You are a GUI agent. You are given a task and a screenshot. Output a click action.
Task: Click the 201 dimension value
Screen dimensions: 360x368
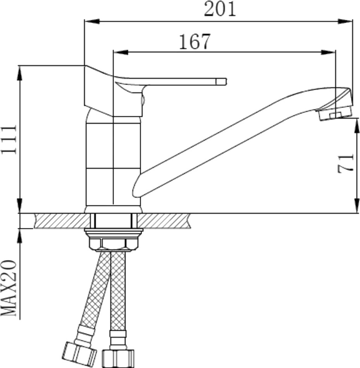coord(220,9)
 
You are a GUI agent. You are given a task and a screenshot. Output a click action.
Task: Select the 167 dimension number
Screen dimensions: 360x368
coord(195,41)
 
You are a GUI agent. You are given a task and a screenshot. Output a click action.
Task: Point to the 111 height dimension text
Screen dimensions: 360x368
coord(9,139)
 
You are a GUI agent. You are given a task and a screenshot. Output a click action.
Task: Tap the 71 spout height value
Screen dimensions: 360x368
coord(345,163)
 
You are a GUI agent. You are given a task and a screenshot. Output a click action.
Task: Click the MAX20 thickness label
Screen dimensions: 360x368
coord(9,288)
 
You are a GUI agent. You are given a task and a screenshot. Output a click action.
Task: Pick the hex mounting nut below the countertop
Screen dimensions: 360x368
coord(113,244)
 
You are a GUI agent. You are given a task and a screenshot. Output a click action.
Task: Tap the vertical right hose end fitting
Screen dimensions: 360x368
coord(118,358)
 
